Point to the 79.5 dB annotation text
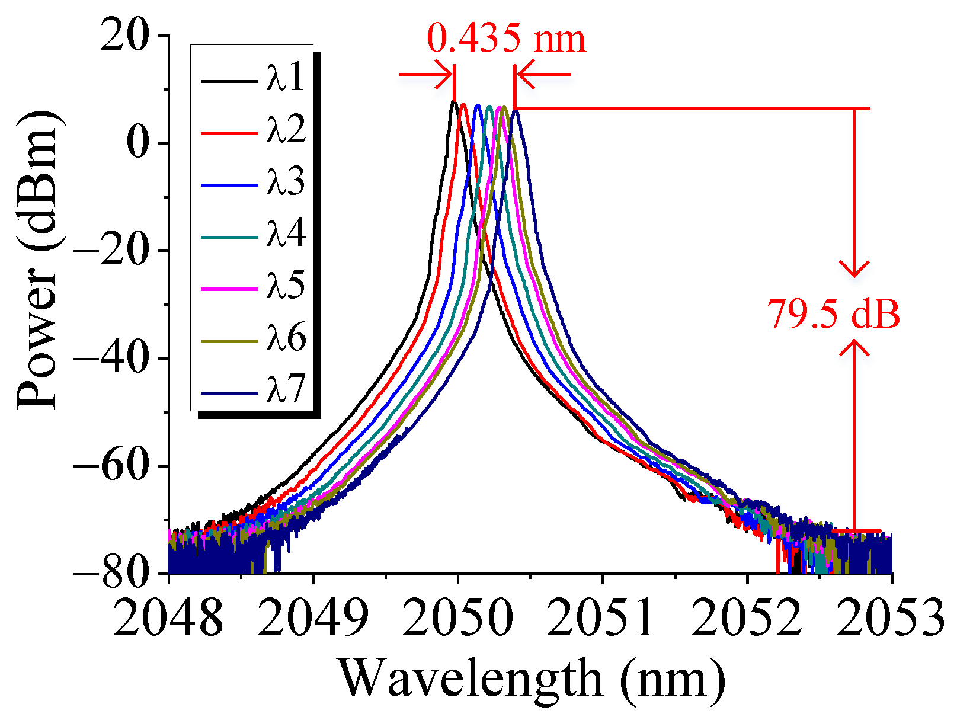834,314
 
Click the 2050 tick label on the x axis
457,616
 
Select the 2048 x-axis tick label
169,616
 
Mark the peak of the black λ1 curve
453,102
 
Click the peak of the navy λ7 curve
516,111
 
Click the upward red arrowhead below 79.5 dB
854,348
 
